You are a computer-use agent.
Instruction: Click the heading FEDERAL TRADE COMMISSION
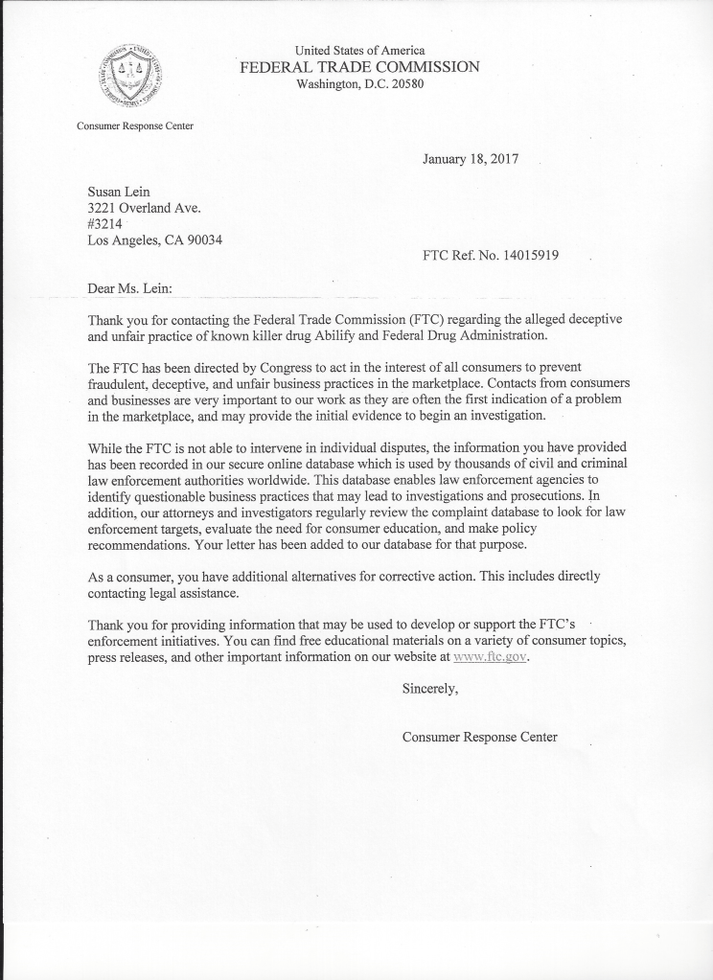359,67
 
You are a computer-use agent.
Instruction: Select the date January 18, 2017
470,159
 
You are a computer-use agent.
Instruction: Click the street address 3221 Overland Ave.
145,207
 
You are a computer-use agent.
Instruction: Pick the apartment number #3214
105,223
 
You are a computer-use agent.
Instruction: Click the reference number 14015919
526,256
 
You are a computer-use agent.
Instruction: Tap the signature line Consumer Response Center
479,737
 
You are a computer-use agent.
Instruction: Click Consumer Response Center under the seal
134,125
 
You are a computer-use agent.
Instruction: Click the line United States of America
359,50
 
